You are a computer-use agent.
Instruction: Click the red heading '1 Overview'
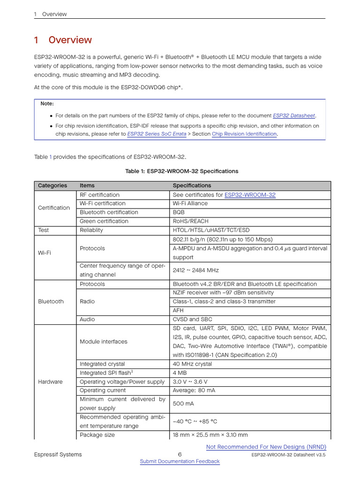tap(63, 40)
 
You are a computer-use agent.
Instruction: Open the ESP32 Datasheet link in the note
tap(294, 115)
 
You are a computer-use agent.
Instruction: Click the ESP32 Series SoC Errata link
tap(157, 134)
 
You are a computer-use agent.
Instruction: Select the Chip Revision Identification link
tap(244, 134)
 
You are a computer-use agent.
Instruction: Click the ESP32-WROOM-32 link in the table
tap(250, 195)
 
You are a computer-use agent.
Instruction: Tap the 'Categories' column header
tap(52, 186)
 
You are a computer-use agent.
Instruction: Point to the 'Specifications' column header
tap(192, 186)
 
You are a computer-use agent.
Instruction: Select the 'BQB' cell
tap(179, 212)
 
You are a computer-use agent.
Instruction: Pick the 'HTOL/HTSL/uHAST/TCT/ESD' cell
tap(211, 230)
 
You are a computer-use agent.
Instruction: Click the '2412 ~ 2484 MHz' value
tap(195, 270)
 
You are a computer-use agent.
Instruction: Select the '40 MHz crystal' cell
tap(192, 364)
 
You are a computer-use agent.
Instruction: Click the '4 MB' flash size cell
tap(180, 373)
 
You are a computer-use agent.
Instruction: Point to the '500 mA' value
tap(182, 404)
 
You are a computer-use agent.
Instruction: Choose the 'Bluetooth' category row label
tap(51, 301)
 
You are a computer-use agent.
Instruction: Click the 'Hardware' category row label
tap(50, 382)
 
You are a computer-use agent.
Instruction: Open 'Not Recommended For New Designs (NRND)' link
tap(266, 447)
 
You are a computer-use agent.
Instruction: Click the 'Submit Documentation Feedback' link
tap(180, 461)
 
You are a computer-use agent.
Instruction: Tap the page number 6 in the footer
tap(180, 454)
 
